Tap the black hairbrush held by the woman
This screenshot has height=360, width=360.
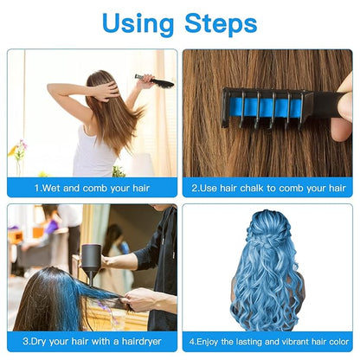tap(155, 81)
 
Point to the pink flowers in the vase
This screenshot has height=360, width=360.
tap(18, 149)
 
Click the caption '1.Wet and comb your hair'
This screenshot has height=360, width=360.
tap(92, 186)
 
